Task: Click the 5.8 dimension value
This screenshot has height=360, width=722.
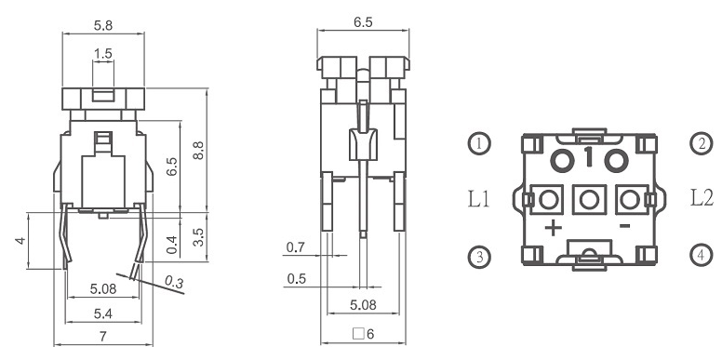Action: point(103,25)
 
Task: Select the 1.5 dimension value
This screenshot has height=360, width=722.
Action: point(103,53)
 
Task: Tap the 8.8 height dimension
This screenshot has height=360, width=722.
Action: point(198,151)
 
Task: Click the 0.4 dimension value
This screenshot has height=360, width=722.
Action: point(172,245)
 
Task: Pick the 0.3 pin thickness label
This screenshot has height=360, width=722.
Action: point(174,281)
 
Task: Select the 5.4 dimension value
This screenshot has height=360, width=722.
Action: point(103,314)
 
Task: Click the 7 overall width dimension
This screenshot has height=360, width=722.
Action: point(103,337)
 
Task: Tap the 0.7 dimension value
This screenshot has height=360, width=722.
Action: point(296,247)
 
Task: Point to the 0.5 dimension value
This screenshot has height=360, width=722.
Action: point(296,279)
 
